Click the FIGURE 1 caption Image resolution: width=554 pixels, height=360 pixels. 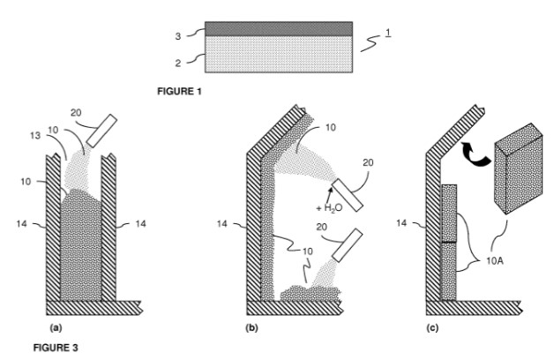tap(179, 92)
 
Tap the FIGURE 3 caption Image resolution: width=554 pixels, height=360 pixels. tap(56, 348)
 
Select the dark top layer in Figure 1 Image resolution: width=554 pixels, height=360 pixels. tap(279, 28)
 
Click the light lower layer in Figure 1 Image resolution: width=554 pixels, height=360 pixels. tap(279, 54)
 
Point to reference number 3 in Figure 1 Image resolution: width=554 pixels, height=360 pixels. tap(178, 36)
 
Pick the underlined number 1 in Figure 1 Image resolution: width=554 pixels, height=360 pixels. tap(388, 33)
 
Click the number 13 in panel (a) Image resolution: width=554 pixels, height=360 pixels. tap(35, 135)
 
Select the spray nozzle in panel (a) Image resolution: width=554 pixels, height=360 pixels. tap(101, 131)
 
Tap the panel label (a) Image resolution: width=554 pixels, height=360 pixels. tap(56, 328)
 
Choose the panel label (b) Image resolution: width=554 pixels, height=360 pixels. tap(251, 328)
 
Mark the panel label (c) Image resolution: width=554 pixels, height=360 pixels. tap(432, 328)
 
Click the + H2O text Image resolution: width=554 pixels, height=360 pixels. tap(329, 207)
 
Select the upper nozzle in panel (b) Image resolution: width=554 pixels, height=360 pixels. tap(348, 195)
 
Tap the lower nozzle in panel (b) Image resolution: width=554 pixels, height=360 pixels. tap(348, 245)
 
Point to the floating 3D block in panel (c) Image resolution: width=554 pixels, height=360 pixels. tap(519, 169)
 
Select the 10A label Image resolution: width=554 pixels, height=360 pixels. tap(495, 261)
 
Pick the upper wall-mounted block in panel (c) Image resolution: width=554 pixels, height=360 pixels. tap(449, 213)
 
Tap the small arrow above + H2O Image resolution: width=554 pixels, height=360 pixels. tap(330, 194)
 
